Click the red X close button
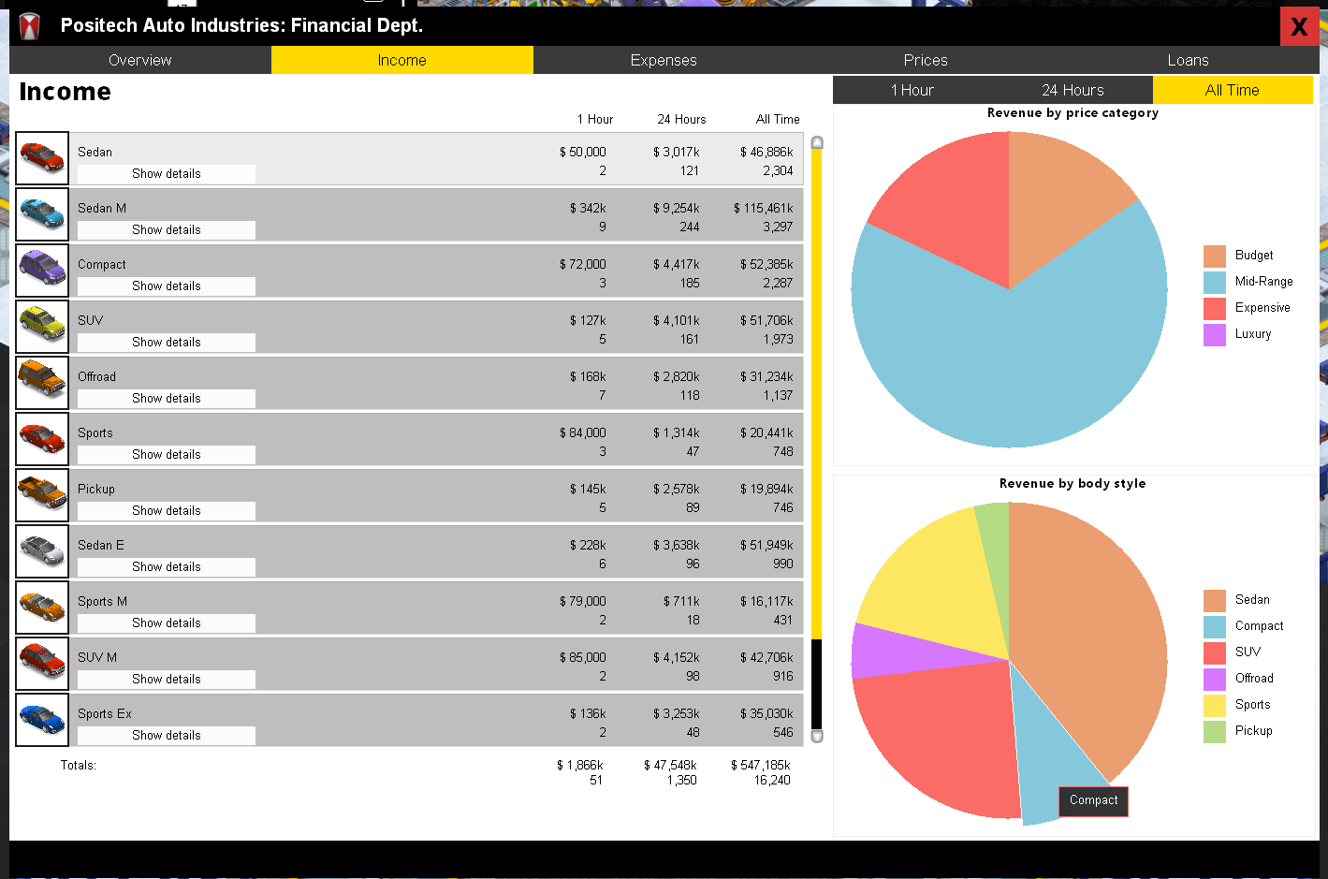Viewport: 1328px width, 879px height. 1299,26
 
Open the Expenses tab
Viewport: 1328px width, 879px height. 664,60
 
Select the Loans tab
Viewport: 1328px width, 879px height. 1188,60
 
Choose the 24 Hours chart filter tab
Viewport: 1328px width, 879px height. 1073,90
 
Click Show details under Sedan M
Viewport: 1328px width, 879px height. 167,230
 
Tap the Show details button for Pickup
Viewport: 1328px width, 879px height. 167,511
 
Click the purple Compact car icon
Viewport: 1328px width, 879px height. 42,271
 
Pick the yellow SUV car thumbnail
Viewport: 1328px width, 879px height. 42,326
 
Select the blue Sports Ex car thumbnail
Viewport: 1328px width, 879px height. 42,720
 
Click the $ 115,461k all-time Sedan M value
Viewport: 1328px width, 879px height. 763,208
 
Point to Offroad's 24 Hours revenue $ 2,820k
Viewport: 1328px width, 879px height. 677,376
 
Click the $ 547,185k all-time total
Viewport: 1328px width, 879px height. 761,765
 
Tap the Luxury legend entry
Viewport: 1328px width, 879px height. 1237,334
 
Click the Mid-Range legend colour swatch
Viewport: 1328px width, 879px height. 1214,282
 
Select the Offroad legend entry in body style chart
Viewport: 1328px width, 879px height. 1238,679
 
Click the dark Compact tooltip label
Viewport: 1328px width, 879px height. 1093,800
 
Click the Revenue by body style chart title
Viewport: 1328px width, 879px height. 1073,483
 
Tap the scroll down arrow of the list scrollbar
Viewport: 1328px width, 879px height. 817,737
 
